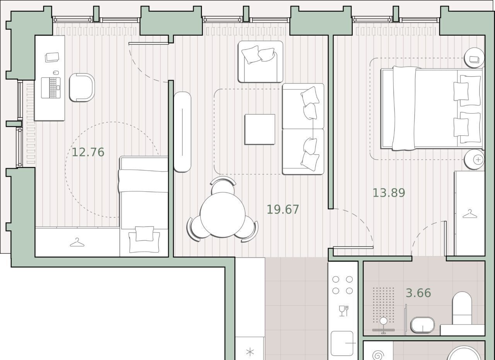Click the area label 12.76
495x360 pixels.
[88, 152]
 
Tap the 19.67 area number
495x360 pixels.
[283, 210]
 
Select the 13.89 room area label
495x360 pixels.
[389, 193]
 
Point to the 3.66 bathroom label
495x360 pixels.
[418, 293]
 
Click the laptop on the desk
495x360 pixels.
[51, 88]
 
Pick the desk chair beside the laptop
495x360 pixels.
[82, 87]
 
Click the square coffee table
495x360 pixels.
[260, 130]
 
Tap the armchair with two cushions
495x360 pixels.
[260, 61]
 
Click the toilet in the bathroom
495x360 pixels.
[462, 308]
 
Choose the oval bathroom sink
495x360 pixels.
[423, 325]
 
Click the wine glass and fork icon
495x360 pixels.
[344, 311]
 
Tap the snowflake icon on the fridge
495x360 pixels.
[250, 352]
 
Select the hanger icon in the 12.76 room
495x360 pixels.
[77, 242]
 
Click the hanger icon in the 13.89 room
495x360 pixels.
[470, 214]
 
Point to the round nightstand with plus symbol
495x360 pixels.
[474, 160]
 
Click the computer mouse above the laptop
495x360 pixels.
[56, 72]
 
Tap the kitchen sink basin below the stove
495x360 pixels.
[342, 343]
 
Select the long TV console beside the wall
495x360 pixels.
[182, 132]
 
